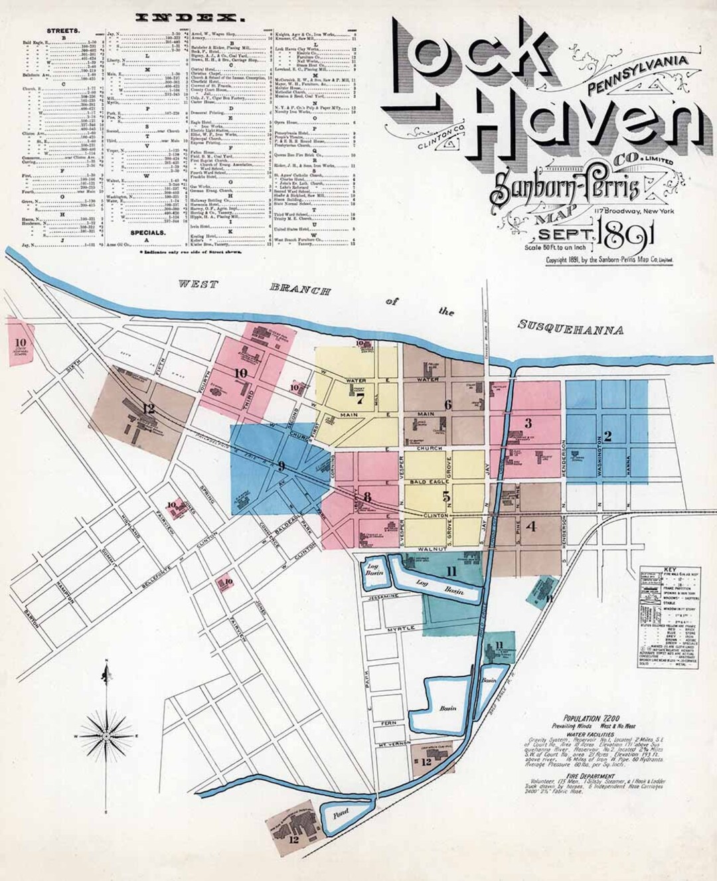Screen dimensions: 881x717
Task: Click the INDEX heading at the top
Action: tap(185, 18)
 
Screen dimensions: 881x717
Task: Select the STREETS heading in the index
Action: tap(64, 31)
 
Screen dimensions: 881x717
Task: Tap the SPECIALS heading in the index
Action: tap(147, 233)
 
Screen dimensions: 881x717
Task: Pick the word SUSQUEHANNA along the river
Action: tap(570, 328)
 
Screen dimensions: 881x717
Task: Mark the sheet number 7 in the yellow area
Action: tap(360, 399)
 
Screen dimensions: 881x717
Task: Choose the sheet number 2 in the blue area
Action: tap(607, 436)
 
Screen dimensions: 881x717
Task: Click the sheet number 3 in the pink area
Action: tap(528, 423)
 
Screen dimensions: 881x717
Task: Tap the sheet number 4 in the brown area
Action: tap(530, 528)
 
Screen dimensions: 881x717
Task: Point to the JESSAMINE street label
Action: tap(380, 597)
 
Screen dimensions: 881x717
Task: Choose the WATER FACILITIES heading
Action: tap(589, 735)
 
